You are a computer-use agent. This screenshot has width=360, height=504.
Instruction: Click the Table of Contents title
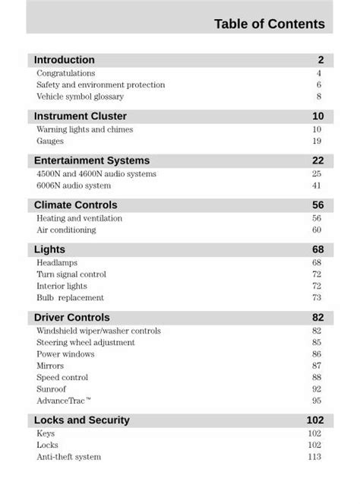point(269,24)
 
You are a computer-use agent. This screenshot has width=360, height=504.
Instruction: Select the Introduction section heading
point(65,60)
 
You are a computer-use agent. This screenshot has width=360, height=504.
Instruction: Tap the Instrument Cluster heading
point(81,116)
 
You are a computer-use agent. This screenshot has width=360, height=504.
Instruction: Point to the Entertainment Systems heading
point(92,160)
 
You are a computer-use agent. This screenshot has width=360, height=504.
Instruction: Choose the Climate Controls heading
point(76,205)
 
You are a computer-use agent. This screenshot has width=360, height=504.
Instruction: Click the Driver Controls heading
point(72,318)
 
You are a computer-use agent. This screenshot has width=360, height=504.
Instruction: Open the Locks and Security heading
point(82,420)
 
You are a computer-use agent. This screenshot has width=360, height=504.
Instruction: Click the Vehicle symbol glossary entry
point(81,97)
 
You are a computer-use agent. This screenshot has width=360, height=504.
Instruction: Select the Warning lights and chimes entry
point(85,130)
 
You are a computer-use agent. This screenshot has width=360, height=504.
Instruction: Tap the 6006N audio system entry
point(74,185)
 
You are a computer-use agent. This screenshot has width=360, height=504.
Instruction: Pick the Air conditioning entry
point(67,230)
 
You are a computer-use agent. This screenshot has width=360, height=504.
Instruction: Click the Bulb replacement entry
point(71,298)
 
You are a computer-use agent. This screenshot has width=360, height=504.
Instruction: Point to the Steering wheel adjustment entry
point(86,343)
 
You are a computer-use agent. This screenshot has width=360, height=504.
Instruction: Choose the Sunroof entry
point(52,389)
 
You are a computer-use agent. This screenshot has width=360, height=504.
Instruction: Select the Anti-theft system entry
point(69,457)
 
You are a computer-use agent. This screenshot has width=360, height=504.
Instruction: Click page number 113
point(314,457)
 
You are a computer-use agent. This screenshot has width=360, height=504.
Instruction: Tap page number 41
point(317,185)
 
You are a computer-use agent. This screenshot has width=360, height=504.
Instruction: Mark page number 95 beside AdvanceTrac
point(317,401)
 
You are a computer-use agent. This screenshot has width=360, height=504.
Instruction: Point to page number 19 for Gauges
point(317,141)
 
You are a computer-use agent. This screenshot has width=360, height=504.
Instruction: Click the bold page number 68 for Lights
point(317,250)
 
